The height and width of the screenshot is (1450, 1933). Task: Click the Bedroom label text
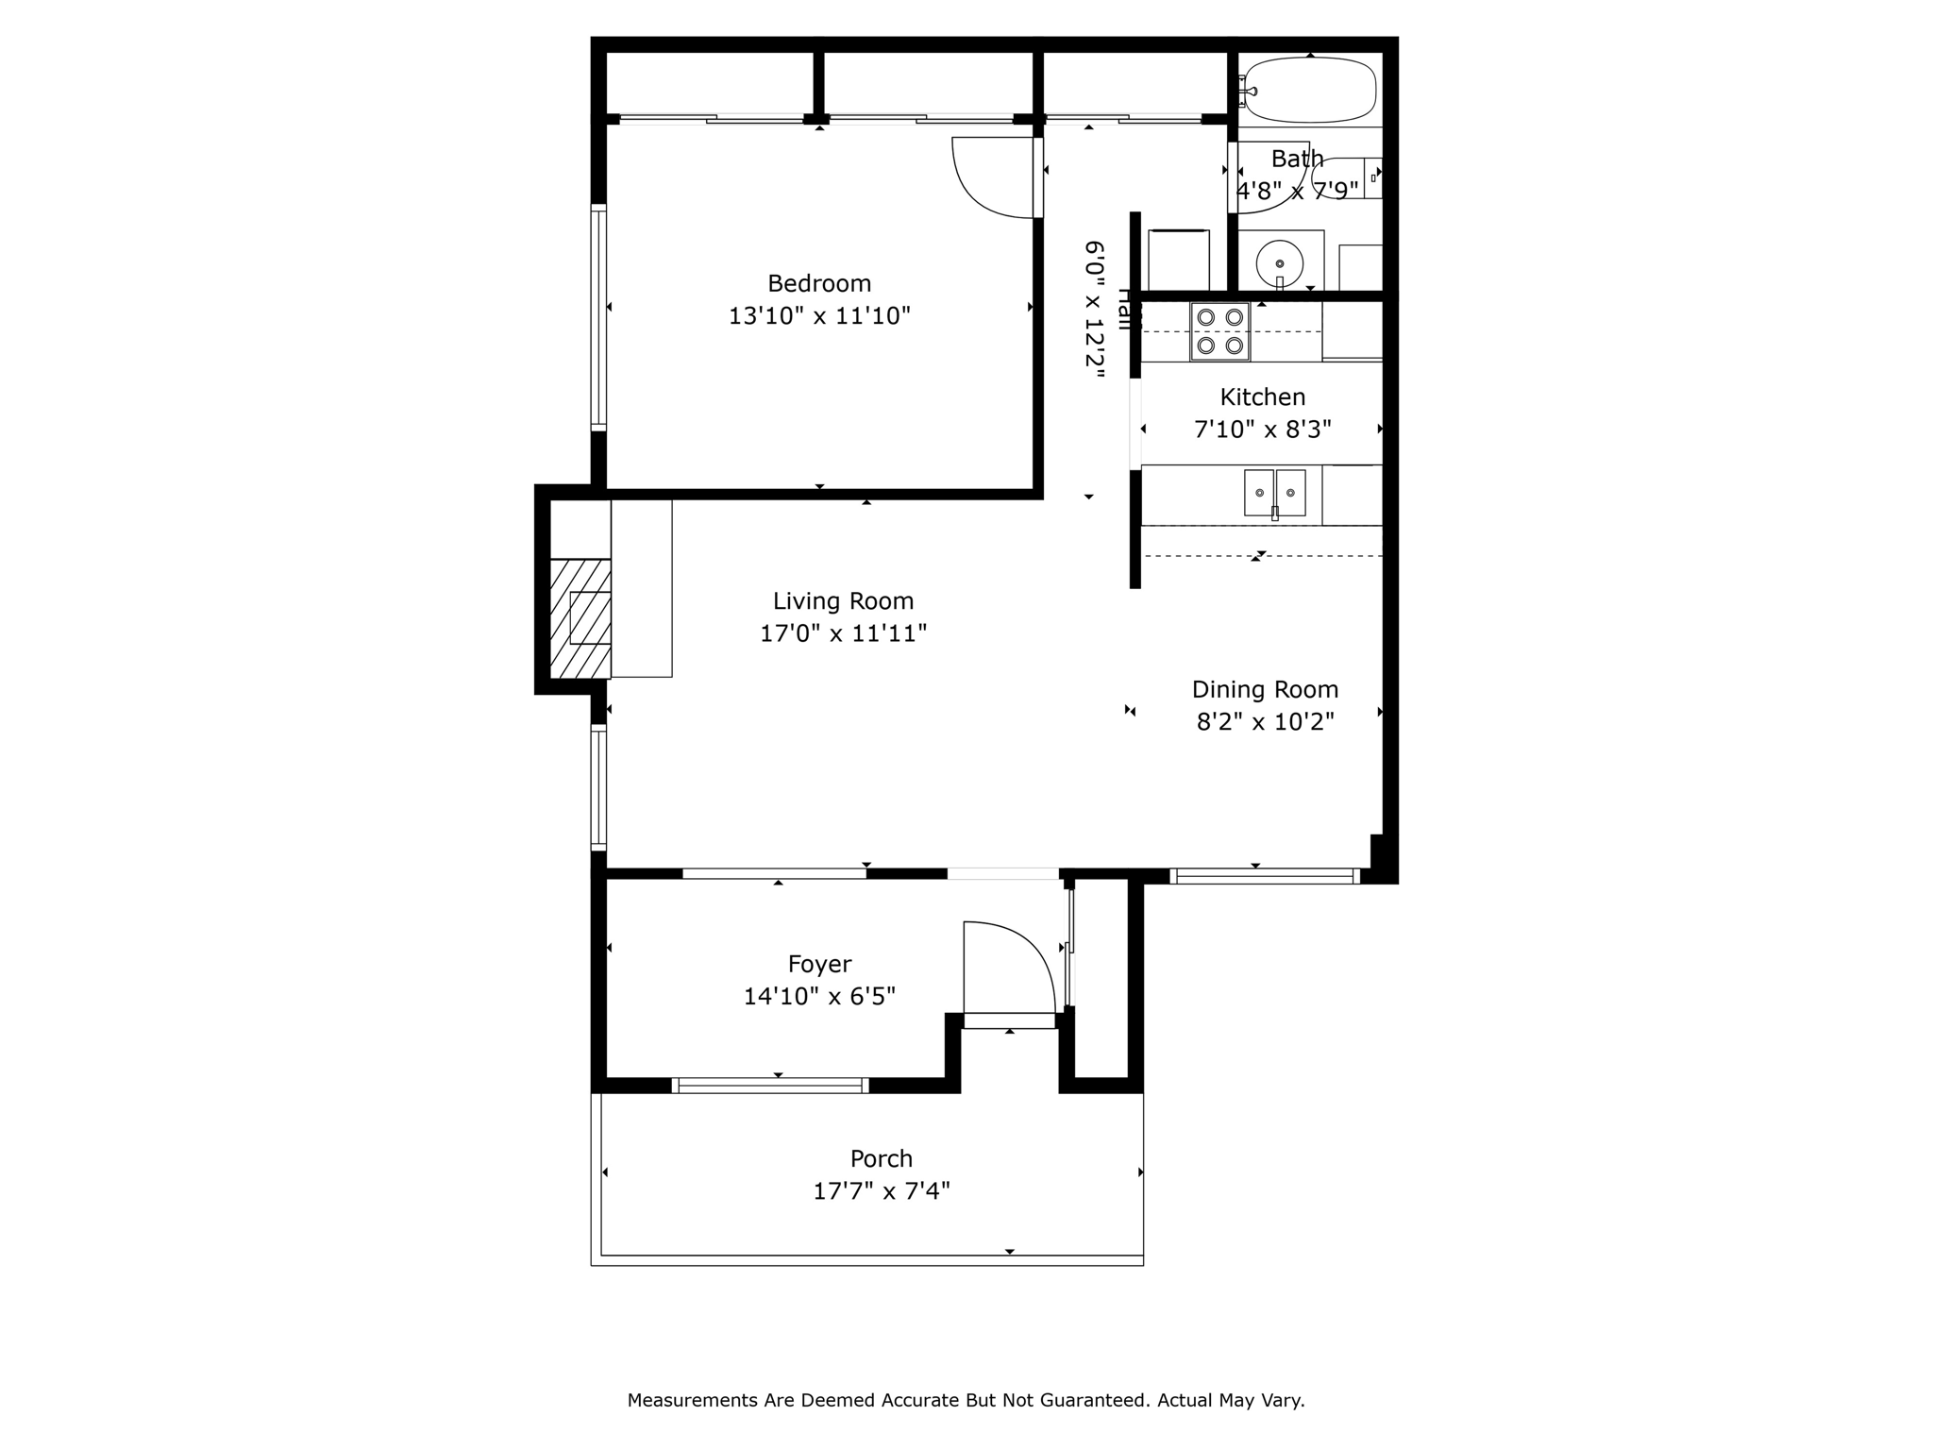(818, 283)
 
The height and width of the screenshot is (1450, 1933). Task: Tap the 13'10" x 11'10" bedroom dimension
(818, 316)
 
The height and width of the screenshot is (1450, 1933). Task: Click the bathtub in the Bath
(1309, 91)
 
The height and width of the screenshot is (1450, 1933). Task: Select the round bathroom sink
(1279, 261)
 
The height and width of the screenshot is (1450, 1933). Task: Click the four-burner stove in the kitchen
(1219, 331)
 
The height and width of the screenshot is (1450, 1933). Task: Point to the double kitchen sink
(1274, 493)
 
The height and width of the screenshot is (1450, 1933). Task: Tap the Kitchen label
(1262, 397)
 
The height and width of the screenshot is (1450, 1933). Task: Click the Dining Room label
(1265, 690)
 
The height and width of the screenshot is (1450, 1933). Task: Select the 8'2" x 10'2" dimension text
(1265, 722)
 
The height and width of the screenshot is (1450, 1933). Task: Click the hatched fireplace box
(580, 618)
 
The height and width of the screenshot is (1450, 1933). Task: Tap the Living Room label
(843, 601)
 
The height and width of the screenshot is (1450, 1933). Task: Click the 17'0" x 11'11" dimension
(843, 633)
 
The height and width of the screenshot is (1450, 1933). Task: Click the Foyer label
(819, 964)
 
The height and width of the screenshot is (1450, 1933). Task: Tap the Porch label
(881, 1158)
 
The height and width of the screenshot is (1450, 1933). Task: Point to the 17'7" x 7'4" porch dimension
(881, 1191)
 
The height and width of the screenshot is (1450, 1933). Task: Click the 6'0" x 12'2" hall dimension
(1093, 310)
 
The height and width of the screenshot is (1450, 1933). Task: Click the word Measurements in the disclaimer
(692, 1400)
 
